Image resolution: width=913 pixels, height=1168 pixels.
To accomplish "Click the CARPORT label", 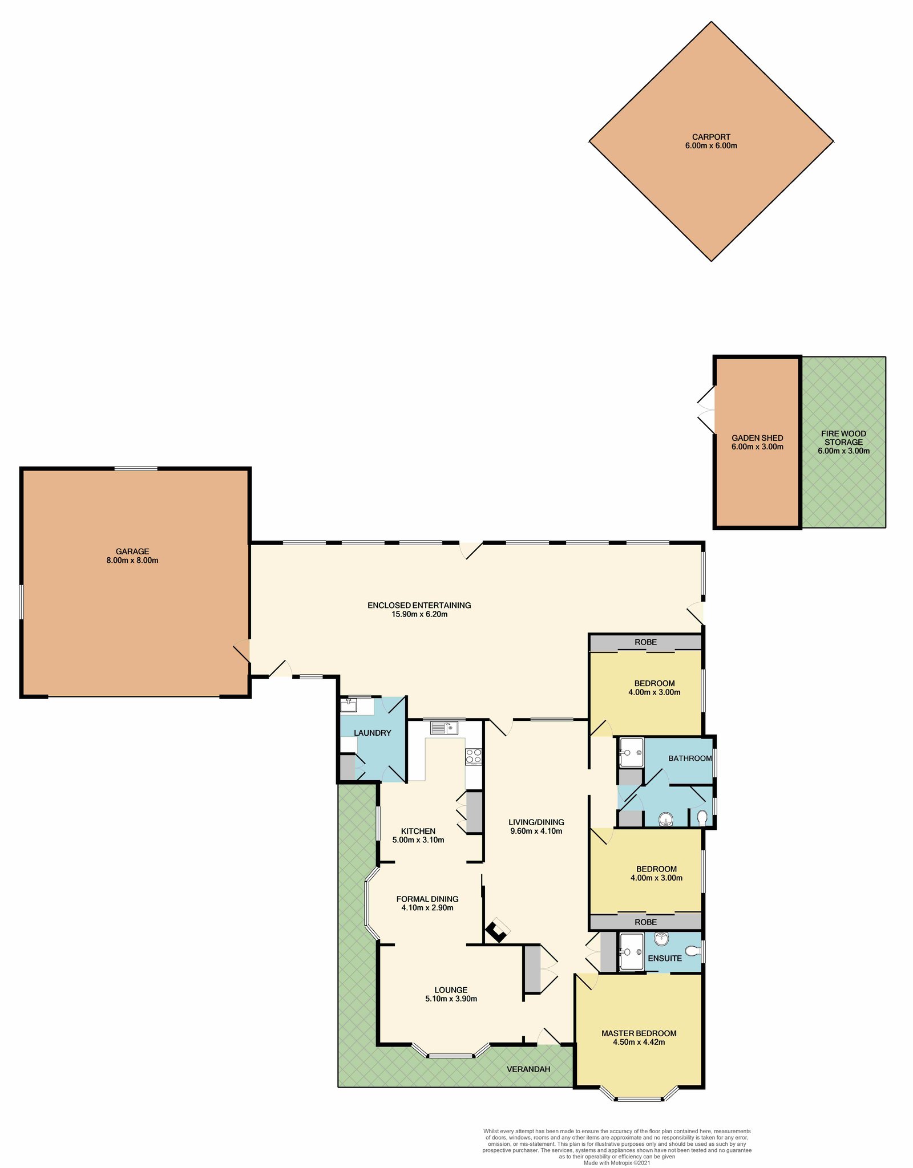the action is [711, 137].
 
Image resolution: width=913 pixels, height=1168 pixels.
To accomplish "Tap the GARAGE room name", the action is [132, 551].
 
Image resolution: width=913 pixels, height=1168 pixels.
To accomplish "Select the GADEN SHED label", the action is [757, 438].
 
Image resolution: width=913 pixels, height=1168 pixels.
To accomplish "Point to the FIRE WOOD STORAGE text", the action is [843, 438].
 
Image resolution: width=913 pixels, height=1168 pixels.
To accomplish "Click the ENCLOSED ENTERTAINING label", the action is [419, 605].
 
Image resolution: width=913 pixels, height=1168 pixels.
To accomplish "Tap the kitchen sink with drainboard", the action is [445, 728].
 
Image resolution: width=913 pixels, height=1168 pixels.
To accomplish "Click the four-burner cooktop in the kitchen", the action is [474, 756].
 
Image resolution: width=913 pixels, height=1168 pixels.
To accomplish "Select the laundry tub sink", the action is [349, 705].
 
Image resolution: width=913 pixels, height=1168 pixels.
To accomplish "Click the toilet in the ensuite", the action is [692, 951].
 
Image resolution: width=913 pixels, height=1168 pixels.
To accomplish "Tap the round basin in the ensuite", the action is [661, 938].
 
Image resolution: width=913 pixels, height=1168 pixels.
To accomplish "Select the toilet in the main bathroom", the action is [702, 818].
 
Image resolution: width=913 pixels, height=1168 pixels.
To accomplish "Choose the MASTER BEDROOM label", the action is [639, 1033].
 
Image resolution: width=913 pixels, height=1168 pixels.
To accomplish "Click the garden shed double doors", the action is [706, 410].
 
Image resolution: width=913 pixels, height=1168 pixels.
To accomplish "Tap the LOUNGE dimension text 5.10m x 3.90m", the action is [451, 999].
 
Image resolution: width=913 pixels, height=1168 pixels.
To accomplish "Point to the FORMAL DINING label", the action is [427, 899].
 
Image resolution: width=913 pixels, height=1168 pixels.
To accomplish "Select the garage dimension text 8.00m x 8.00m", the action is [132, 560].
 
